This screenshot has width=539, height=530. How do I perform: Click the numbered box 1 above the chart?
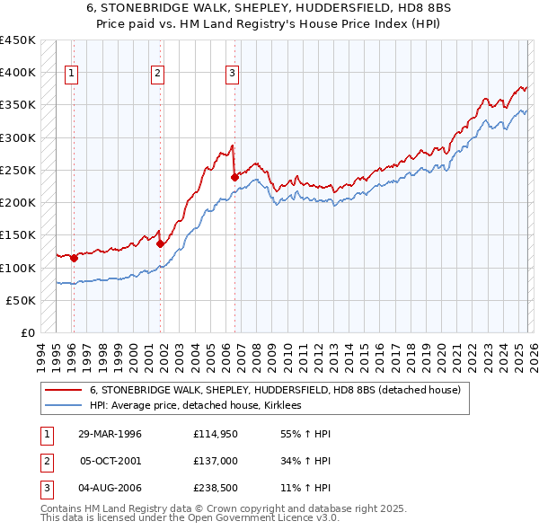pyautogui.click(x=72, y=74)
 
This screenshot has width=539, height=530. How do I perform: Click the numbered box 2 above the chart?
pyautogui.click(x=158, y=74)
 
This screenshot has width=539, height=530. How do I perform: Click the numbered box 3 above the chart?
pyautogui.click(x=232, y=74)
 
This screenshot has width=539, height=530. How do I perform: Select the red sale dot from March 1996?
pyautogui.click(x=74, y=259)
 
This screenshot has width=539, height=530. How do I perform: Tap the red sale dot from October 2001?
pyautogui.click(x=161, y=243)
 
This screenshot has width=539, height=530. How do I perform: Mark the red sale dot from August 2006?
pyautogui.click(x=234, y=178)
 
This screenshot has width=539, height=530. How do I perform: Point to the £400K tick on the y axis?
pyautogui.click(x=18, y=73)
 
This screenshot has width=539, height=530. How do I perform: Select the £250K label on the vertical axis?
pyautogui.click(x=18, y=171)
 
